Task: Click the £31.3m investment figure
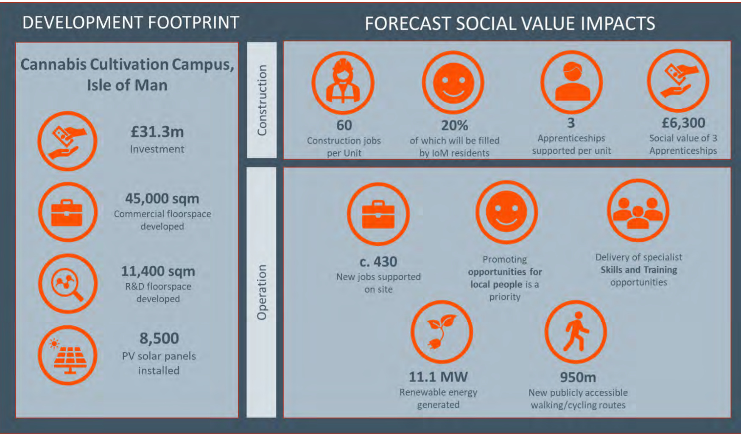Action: pyautogui.click(x=157, y=132)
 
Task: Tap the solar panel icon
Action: pyautogui.click(x=68, y=355)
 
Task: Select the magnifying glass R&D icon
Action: pyautogui.click(x=68, y=284)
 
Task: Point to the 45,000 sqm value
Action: pyautogui.click(x=162, y=198)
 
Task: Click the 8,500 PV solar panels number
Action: pyautogui.click(x=159, y=338)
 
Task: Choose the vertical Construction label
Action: pyautogui.click(x=262, y=100)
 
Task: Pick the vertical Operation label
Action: pyautogui.click(x=262, y=292)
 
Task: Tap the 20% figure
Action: pyautogui.click(x=454, y=125)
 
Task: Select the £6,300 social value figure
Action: pyautogui.click(x=683, y=123)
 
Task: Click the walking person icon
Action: pyautogui.click(x=576, y=332)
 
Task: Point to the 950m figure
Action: pyautogui.click(x=578, y=377)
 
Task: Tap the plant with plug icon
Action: pyautogui.click(x=442, y=332)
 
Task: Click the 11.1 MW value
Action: pyautogui.click(x=438, y=377)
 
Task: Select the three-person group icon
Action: pyautogui.click(x=638, y=211)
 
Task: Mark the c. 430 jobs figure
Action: pyautogui.click(x=378, y=262)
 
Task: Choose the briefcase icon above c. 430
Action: pyautogui.click(x=378, y=214)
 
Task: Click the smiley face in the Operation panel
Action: pyautogui.click(x=506, y=212)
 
